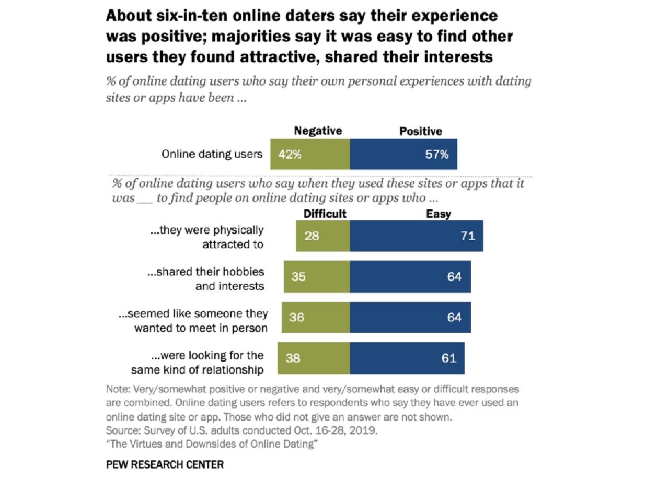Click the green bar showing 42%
coord(310,154)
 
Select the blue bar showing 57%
coord(403,154)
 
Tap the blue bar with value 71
coord(417,236)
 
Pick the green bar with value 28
coord(322,236)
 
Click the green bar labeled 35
coord(317,276)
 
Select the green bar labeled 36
coord(316,317)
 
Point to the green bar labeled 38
coord(314,358)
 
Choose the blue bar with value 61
coord(407,358)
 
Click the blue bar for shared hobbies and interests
coord(410,276)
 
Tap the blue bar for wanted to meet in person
coord(410,317)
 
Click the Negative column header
coord(318,131)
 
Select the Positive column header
coord(421,131)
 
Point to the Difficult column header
coord(325,214)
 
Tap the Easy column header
coord(438,214)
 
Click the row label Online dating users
coord(212,154)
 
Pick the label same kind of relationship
coord(198,370)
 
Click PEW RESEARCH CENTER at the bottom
coord(165,464)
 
